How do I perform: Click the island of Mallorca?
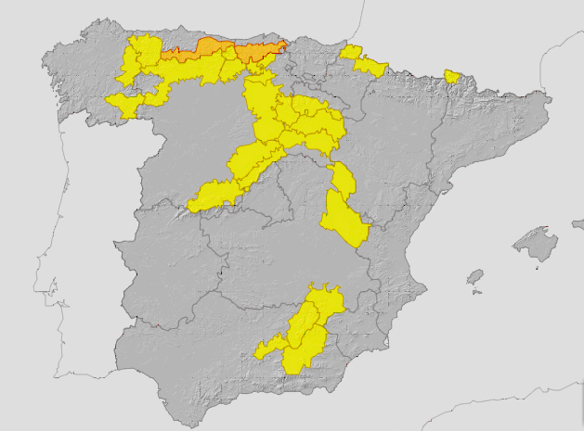[536, 243]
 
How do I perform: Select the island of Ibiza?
[475, 277]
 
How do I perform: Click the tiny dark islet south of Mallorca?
[538, 268]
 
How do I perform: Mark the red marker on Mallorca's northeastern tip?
[546, 228]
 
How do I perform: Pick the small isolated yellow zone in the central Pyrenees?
[453, 76]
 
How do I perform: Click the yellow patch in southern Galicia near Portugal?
[124, 103]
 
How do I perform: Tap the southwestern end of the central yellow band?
[209, 197]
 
